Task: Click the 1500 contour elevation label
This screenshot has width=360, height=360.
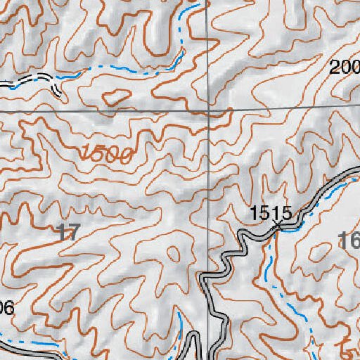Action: coord(106,153)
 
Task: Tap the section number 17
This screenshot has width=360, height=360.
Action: coord(67,233)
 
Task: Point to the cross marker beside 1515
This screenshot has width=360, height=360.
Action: coord(281,225)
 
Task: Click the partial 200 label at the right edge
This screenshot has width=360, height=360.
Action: coord(345,67)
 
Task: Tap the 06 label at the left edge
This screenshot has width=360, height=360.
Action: coord(6,308)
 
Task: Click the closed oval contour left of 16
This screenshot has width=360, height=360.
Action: coord(321,250)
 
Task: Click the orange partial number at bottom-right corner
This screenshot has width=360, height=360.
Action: coord(349,349)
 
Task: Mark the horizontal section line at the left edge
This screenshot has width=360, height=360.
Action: coord(7,112)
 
